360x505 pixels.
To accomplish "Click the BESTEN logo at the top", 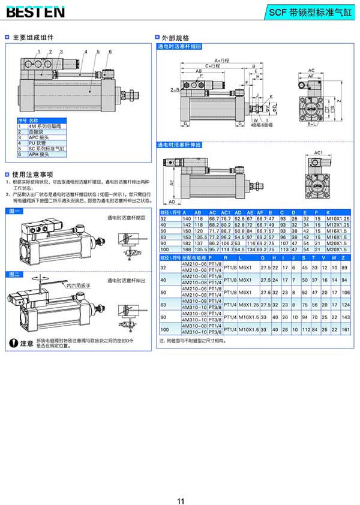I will coord(35,11).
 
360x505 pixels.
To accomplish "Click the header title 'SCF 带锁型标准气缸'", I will coord(310,11).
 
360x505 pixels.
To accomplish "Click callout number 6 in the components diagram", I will coord(110,52).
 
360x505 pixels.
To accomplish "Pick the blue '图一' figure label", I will coord(16,211).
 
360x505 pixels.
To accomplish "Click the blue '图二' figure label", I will coord(16,274).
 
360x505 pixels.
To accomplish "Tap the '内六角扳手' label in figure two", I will coord(79,285).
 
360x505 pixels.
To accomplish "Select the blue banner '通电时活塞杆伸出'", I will coord(179,144).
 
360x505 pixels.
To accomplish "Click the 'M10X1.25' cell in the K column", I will coord(338,219).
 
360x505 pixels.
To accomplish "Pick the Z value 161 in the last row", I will coord(344,330).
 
